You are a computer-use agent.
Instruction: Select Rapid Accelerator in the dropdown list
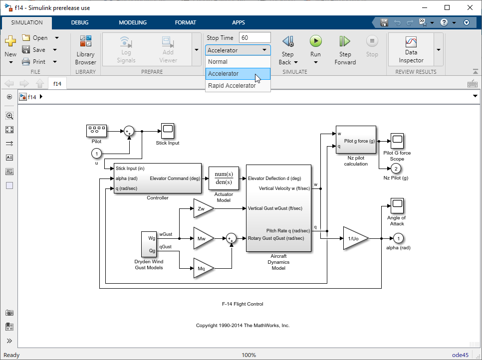(x=232, y=86)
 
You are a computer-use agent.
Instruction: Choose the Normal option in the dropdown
(x=218, y=62)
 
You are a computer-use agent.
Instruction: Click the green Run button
(x=315, y=41)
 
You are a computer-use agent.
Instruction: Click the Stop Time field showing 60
(x=254, y=38)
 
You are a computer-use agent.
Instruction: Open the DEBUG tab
(x=80, y=22)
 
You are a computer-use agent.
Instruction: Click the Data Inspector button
(x=411, y=49)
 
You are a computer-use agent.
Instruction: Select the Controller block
(x=158, y=179)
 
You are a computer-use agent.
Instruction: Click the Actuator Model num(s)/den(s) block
(x=224, y=178)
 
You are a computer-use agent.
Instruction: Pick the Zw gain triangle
(x=202, y=208)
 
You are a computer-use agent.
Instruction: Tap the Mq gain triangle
(x=202, y=268)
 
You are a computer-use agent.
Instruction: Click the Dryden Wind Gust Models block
(x=149, y=244)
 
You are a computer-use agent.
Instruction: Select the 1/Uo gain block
(x=354, y=238)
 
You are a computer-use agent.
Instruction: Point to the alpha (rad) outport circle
(x=398, y=238)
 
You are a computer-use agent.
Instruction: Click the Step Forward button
(x=345, y=49)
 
